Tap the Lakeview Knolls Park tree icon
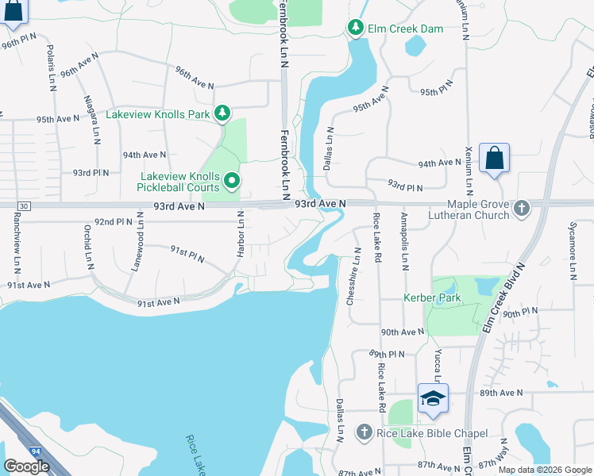pos(222,114)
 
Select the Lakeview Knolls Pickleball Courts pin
pos(232,182)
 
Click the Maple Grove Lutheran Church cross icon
pos(522,209)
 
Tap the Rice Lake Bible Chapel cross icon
pos(364,432)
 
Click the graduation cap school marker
pos(433,397)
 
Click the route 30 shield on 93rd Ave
pos(24,206)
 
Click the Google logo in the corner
pos(26,466)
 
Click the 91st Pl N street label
pos(187,254)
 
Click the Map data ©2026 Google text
pos(544,470)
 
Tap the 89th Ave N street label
pos(501,392)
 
